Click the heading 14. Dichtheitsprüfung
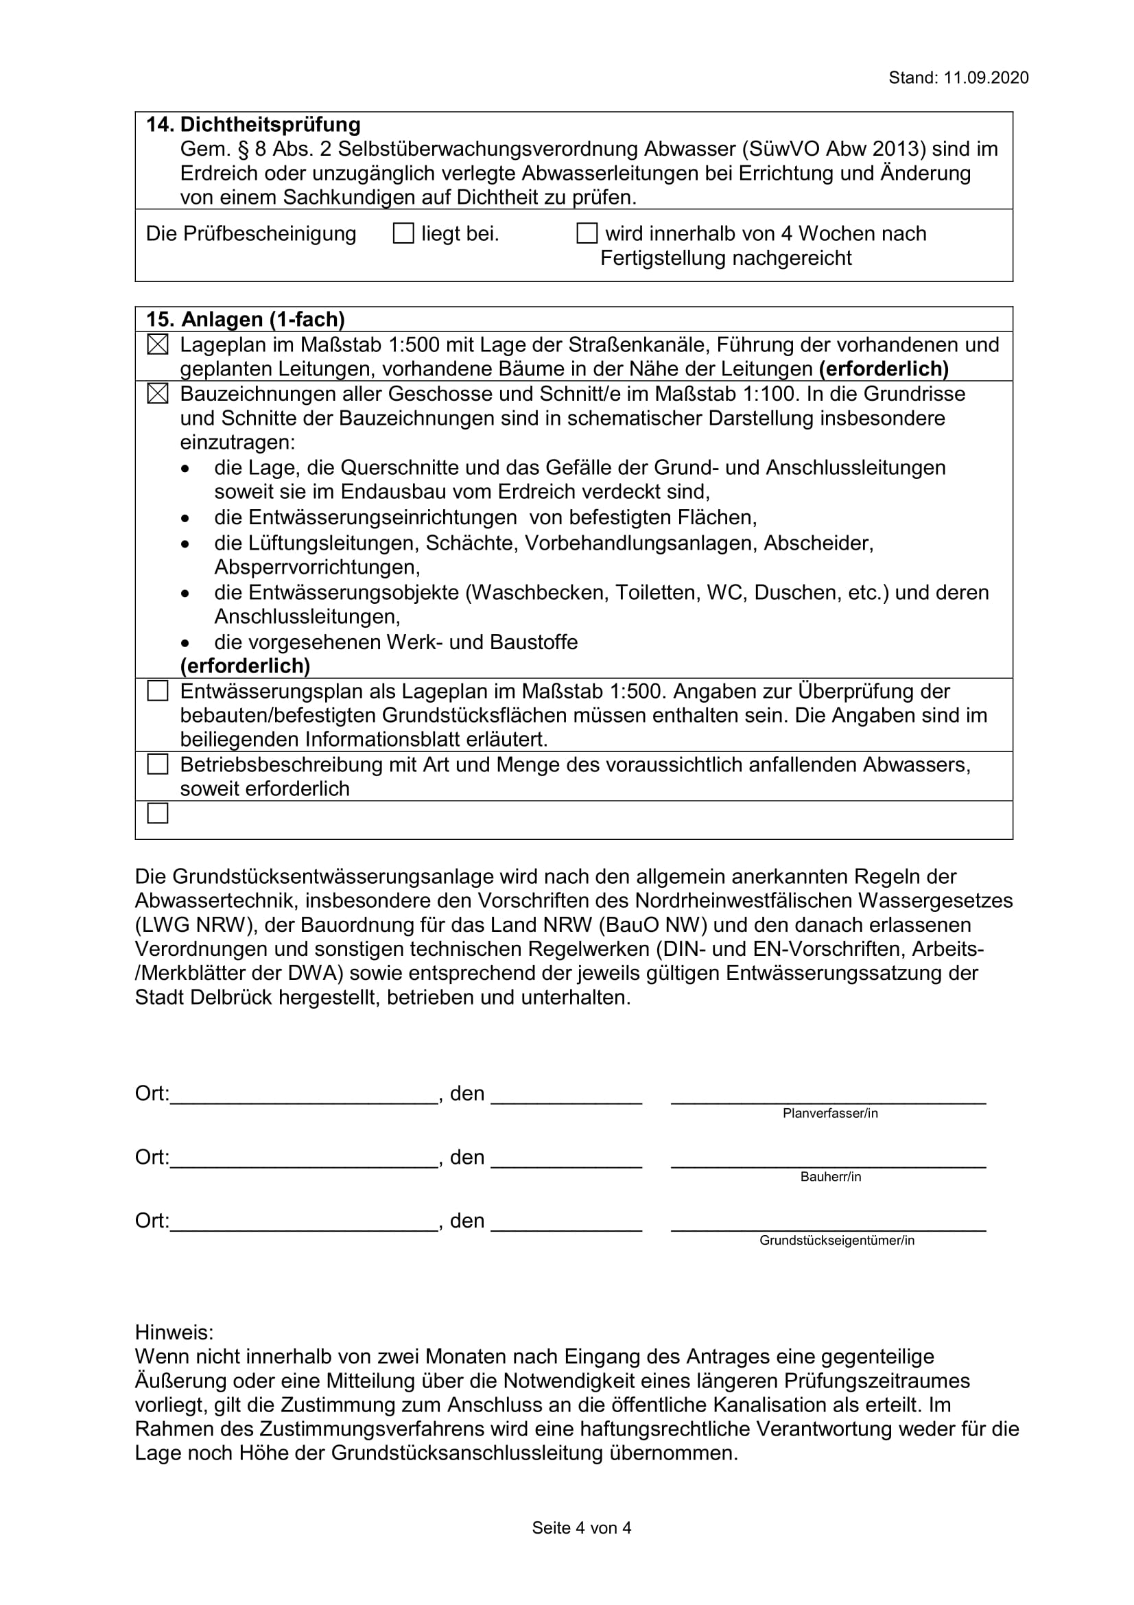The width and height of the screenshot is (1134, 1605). pos(253,125)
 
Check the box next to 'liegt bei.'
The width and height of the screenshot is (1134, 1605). pos(404,233)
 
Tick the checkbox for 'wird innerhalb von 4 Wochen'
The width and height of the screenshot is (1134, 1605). pos(587,233)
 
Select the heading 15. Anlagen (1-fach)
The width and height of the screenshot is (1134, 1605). pos(245,320)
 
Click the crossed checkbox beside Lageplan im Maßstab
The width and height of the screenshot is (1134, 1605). pos(158,344)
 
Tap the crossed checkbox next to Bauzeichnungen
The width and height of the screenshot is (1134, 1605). pos(158,395)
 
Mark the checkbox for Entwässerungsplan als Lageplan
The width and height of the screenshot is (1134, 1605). pos(158,692)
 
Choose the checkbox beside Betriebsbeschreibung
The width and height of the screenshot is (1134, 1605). pos(158,764)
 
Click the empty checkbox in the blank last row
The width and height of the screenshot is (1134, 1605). pos(158,814)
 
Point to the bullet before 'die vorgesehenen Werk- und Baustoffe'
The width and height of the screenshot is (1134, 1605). pos(185,642)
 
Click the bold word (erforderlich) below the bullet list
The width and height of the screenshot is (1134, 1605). pos(245,666)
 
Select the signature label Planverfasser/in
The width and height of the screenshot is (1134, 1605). pos(830,1114)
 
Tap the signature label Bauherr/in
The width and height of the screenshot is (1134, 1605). pos(830,1178)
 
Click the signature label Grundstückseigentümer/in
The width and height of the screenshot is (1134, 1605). pos(836,1241)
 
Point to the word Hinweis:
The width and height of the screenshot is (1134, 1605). pos(174,1332)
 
